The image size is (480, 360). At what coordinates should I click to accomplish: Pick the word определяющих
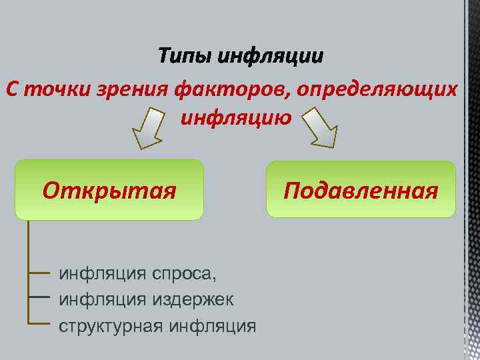click(x=378, y=89)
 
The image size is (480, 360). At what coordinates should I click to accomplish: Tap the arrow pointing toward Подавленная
click(x=321, y=128)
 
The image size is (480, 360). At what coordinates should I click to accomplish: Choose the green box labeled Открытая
click(x=109, y=190)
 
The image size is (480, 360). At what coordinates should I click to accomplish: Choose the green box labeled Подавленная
click(x=361, y=190)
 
